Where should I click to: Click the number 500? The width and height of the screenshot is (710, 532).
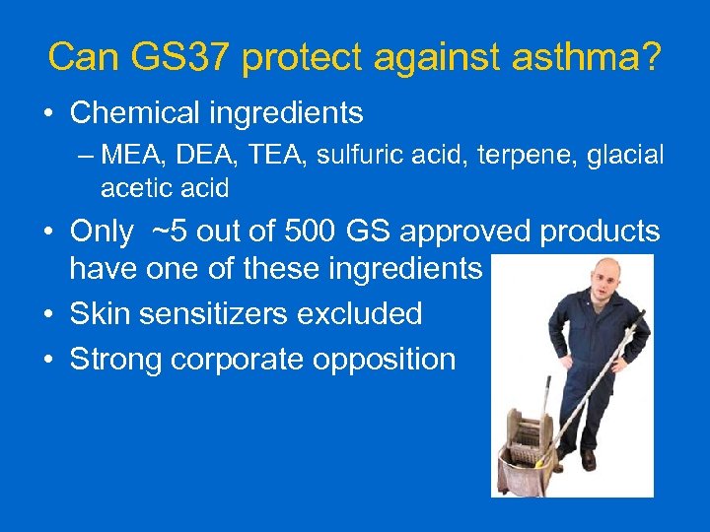click(319, 232)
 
